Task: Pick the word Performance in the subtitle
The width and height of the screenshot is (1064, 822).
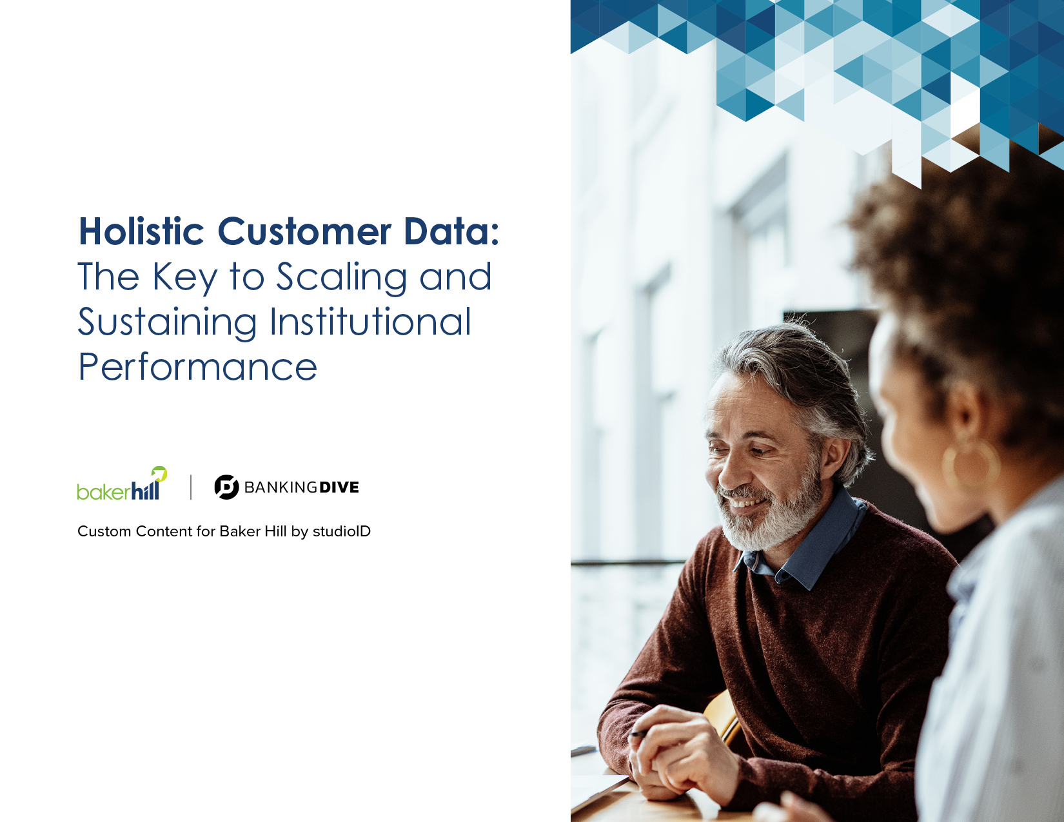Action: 198,367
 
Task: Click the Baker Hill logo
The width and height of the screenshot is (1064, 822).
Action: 122,484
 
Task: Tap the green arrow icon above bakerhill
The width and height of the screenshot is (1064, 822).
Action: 159,473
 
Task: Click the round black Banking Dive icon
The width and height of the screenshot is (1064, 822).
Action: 227,487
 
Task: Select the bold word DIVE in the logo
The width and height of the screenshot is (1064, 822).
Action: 339,487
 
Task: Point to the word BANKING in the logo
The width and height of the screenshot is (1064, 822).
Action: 281,487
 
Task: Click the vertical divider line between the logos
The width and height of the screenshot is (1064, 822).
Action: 190,487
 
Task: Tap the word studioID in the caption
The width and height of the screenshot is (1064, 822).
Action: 342,531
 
